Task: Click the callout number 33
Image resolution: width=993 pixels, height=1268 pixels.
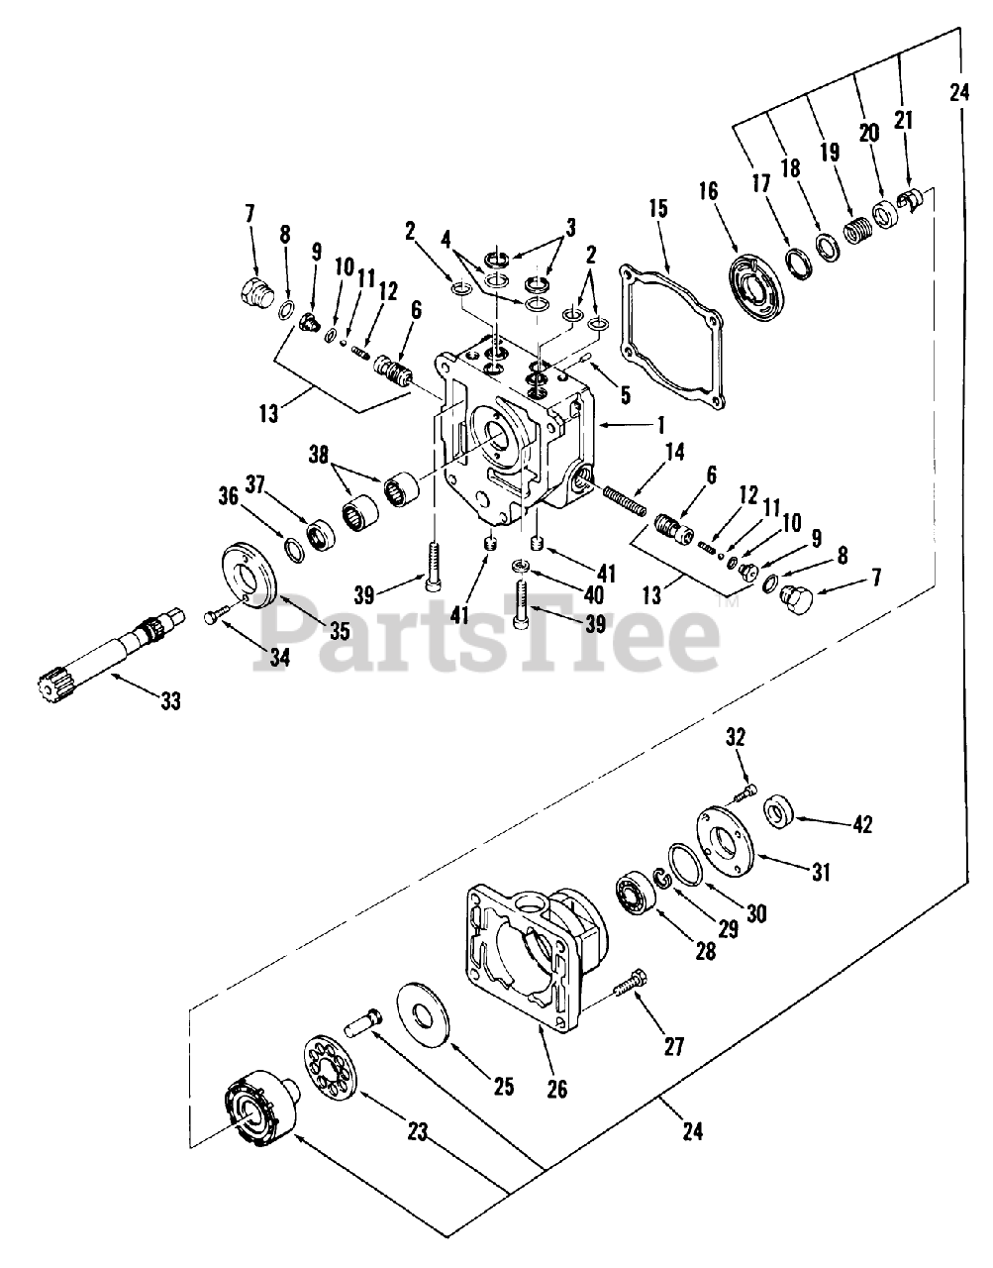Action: tap(171, 700)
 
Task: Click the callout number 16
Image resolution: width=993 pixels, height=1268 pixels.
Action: tap(709, 190)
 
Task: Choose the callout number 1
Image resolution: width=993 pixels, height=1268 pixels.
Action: tap(660, 426)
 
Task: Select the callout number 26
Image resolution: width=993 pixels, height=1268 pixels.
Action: tap(557, 1089)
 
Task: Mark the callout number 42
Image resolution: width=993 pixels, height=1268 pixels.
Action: tap(862, 824)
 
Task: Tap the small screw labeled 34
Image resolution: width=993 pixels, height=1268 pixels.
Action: tap(219, 615)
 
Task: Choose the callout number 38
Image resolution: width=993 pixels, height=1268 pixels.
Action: tap(319, 455)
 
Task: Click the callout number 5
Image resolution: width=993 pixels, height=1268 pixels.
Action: tap(625, 395)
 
